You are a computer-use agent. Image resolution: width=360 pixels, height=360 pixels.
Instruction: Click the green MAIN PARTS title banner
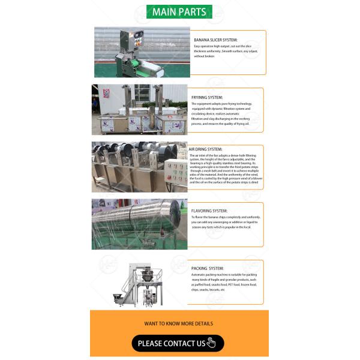click(179, 12)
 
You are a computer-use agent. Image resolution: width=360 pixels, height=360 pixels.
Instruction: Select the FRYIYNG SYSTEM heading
click(207, 97)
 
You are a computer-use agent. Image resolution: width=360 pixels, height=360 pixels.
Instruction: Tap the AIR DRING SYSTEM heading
click(206, 149)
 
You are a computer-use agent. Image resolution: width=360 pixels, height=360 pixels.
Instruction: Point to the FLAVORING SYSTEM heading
click(209, 211)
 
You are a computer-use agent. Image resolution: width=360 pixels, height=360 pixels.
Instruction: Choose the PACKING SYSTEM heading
click(208, 268)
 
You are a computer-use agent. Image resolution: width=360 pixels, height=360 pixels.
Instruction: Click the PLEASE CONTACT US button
click(178, 343)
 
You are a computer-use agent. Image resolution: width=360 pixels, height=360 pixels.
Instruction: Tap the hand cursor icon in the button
click(211, 343)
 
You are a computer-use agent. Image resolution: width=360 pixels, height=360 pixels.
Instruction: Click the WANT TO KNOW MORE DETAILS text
click(178, 323)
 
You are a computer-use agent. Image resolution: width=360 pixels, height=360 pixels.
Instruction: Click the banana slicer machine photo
click(142, 52)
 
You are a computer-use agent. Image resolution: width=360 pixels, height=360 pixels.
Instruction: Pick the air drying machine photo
click(139, 166)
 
